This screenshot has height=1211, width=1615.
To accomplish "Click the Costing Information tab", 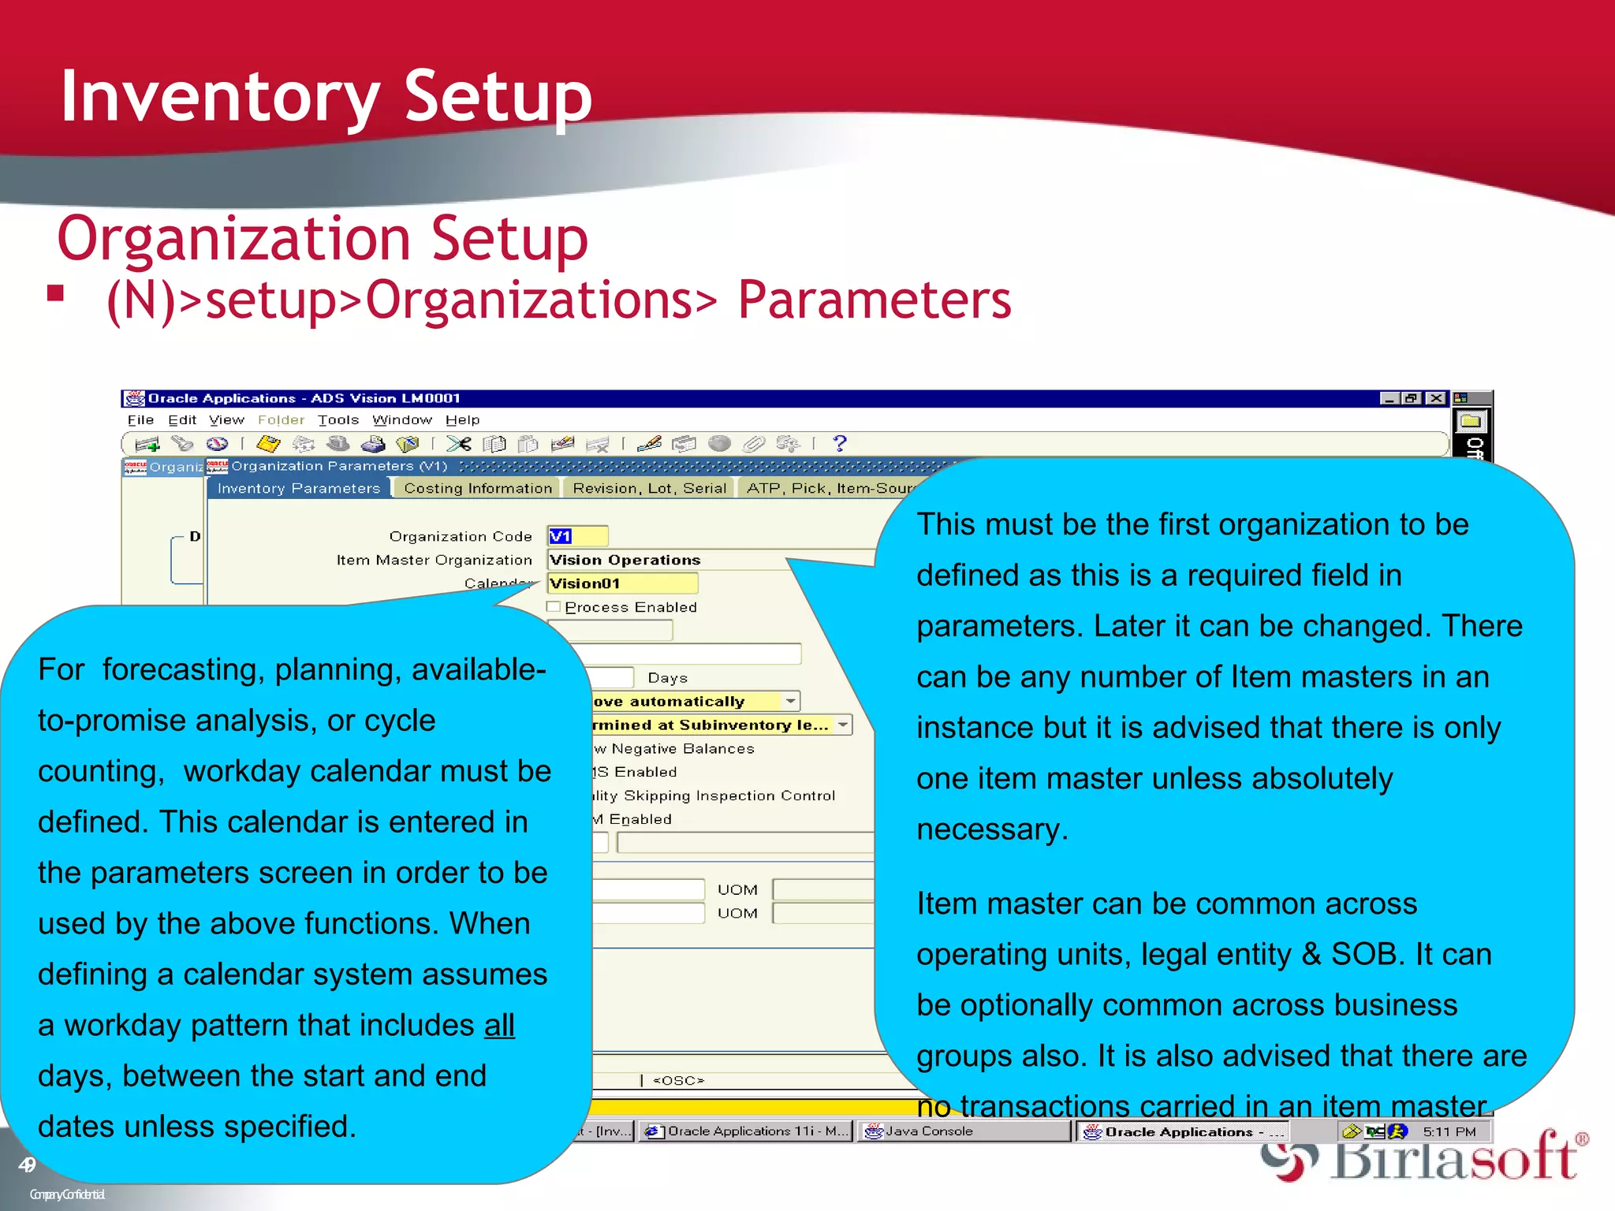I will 477,488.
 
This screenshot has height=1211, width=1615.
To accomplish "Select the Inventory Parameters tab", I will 298,488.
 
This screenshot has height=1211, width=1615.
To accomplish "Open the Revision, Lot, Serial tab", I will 649,488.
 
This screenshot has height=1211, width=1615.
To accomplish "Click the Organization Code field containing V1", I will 577,536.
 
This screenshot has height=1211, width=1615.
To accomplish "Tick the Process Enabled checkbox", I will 554,606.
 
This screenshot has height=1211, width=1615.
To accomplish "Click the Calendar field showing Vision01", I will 622,583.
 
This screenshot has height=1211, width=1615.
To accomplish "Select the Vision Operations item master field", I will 670,560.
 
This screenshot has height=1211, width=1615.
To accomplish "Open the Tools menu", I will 338,420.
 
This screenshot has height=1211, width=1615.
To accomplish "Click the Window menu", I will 402,420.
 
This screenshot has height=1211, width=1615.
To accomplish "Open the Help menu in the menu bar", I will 462,420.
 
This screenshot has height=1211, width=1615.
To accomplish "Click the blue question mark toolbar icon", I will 840,444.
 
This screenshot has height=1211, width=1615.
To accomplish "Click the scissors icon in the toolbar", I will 458,444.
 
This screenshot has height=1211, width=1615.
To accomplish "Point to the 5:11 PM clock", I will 1449,1131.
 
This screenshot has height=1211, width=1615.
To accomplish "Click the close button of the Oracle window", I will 1436,399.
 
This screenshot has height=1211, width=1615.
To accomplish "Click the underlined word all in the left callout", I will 499,1025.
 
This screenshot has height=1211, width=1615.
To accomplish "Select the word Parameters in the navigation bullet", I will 874,300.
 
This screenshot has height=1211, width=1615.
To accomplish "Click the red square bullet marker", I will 55,293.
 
